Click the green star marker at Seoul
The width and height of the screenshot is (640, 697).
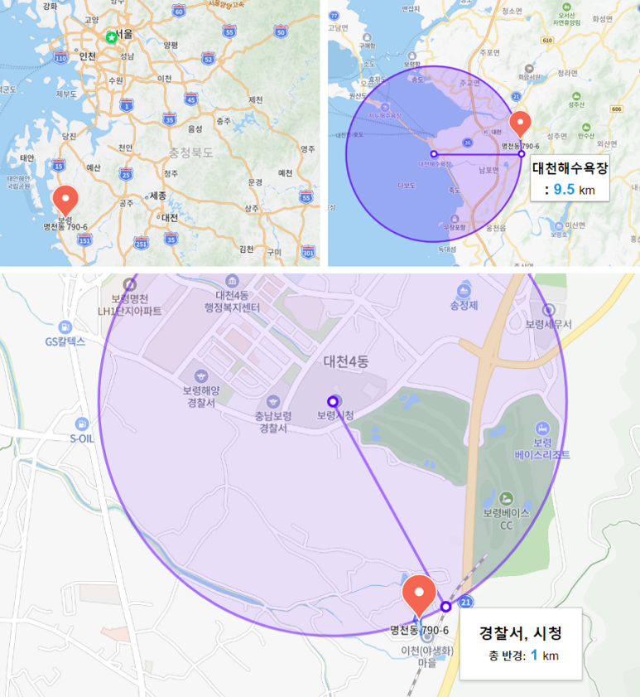[x=111, y=36]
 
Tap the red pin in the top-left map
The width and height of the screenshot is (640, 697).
[x=65, y=200]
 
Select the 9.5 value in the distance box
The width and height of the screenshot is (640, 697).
[x=564, y=189]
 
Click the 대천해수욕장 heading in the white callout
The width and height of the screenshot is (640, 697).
[x=570, y=168]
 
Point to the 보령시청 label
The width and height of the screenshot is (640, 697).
[x=334, y=414]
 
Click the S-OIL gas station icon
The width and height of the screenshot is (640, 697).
[x=81, y=424]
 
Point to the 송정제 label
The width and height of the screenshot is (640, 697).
[x=464, y=305]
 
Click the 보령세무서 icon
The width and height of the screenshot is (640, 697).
[x=548, y=310]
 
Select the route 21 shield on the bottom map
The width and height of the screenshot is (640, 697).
[x=466, y=601]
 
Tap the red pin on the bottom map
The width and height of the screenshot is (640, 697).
[x=419, y=594]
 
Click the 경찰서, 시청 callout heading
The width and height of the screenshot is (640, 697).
[x=521, y=634]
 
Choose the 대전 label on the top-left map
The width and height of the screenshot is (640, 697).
[x=170, y=217]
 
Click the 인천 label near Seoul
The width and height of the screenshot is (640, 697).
[x=87, y=56]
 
